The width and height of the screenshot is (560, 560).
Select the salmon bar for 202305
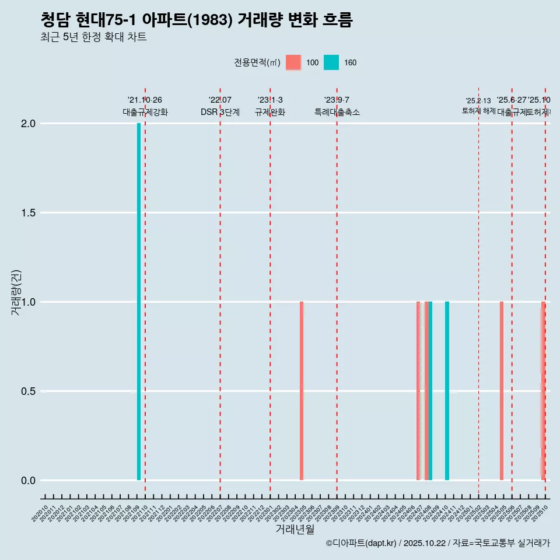(302, 391)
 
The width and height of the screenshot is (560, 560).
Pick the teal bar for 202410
(447, 391)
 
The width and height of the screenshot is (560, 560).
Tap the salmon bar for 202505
(502, 391)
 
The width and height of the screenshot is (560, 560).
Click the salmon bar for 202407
(418, 391)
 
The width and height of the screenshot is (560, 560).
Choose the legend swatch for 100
(293, 62)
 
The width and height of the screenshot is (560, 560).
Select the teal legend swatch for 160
(331, 62)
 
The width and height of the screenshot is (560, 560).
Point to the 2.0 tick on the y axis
(29, 124)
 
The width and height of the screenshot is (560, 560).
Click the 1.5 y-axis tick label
(29, 213)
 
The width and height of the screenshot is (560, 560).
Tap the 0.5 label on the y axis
(29, 391)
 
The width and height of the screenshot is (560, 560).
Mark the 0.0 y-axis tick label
(29, 481)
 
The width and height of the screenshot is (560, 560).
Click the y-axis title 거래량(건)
(16, 292)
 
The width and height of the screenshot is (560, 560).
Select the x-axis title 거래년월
(295, 530)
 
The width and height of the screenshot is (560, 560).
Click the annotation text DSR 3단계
(220, 112)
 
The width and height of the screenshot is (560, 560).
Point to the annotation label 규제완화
(270, 112)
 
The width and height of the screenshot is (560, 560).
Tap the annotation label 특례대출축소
(337, 112)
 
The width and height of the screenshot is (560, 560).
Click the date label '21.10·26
(145, 100)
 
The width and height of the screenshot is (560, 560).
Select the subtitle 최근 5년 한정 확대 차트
(93, 37)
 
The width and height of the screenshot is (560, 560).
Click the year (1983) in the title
(214, 20)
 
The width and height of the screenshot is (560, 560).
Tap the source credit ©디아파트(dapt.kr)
(361, 543)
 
